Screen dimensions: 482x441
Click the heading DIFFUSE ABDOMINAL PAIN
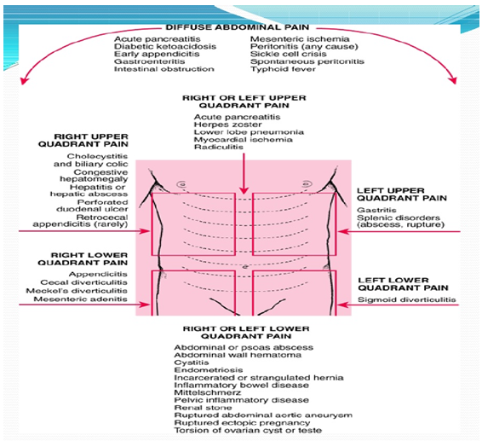coord(238,27)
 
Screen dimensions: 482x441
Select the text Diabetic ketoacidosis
coord(165,47)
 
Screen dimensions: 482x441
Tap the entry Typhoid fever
coord(283,69)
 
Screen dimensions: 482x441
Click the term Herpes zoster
coord(227,125)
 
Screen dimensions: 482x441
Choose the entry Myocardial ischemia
coord(244,140)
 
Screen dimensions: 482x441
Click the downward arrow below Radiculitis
coord(244,174)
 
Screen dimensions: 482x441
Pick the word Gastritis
coord(376,210)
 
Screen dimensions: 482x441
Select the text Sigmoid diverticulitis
coord(407,299)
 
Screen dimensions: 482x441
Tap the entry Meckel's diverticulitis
coord(77,291)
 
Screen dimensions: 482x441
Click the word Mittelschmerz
coord(208,392)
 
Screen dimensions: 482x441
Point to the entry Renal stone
coord(203,408)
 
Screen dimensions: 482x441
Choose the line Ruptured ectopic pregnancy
coord(242,423)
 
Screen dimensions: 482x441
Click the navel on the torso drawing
coord(245,267)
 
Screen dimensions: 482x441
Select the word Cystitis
coord(192,363)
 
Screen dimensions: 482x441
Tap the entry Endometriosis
coord(209,370)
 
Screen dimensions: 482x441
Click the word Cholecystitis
coord(97,156)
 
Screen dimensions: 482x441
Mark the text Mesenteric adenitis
coord(81,299)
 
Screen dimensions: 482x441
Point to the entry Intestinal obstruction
coord(164,69)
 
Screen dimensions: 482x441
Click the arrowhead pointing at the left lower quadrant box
coord(341,305)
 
